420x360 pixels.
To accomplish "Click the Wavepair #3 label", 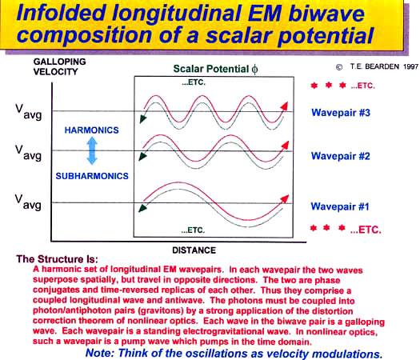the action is tap(341, 113).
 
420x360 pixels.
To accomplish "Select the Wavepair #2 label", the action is tap(340, 156).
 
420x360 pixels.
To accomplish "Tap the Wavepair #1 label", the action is tap(340, 206).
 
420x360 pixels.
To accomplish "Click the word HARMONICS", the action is tap(92, 130).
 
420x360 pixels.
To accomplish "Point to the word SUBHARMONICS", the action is tap(92, 176).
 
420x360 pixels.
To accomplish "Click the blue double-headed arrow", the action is tap(92, 150).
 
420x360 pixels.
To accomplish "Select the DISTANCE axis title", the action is tap(194, 250).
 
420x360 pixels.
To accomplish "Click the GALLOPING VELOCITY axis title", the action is tap(59, 66).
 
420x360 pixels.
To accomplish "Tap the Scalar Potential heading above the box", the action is tap(216, 69).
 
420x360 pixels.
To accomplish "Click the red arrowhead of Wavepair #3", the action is tap(284, 106).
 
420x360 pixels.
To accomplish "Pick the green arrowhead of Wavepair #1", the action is tap(142, 208).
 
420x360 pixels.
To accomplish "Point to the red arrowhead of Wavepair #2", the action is tap(285, 145).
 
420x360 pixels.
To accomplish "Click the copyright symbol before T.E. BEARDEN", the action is tap(339, 67).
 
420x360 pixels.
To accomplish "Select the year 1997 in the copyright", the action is tap(411, 66).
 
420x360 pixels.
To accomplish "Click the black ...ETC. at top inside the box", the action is tap(194, 82).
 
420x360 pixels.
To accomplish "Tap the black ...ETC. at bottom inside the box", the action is tap(193, 230).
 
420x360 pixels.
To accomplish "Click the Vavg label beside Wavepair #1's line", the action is tap(28, 202).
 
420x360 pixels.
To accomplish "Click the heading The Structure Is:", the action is tap(58, 259).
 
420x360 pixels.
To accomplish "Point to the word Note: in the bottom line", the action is tap(100, 353).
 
